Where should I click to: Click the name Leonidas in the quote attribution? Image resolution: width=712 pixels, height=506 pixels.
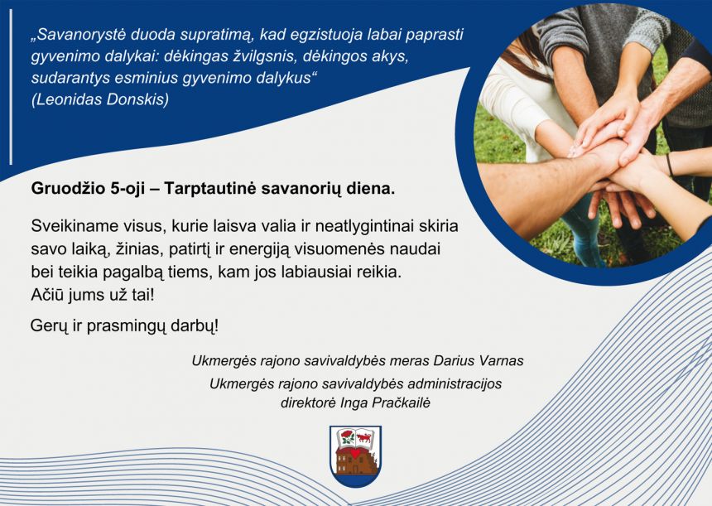tap(70, 99)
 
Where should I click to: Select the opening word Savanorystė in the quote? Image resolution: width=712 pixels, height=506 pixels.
tap(77, 36)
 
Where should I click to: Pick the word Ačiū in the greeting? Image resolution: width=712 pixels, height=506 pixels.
tap(48, 294)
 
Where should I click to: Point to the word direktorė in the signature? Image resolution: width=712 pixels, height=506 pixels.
tap(310, 403)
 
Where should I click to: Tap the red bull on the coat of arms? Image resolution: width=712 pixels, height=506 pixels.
tap(364, 436)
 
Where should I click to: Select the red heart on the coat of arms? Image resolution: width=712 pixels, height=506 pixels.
tap(355, 454)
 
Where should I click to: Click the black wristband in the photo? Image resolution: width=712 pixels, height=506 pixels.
tap(669, 164)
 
